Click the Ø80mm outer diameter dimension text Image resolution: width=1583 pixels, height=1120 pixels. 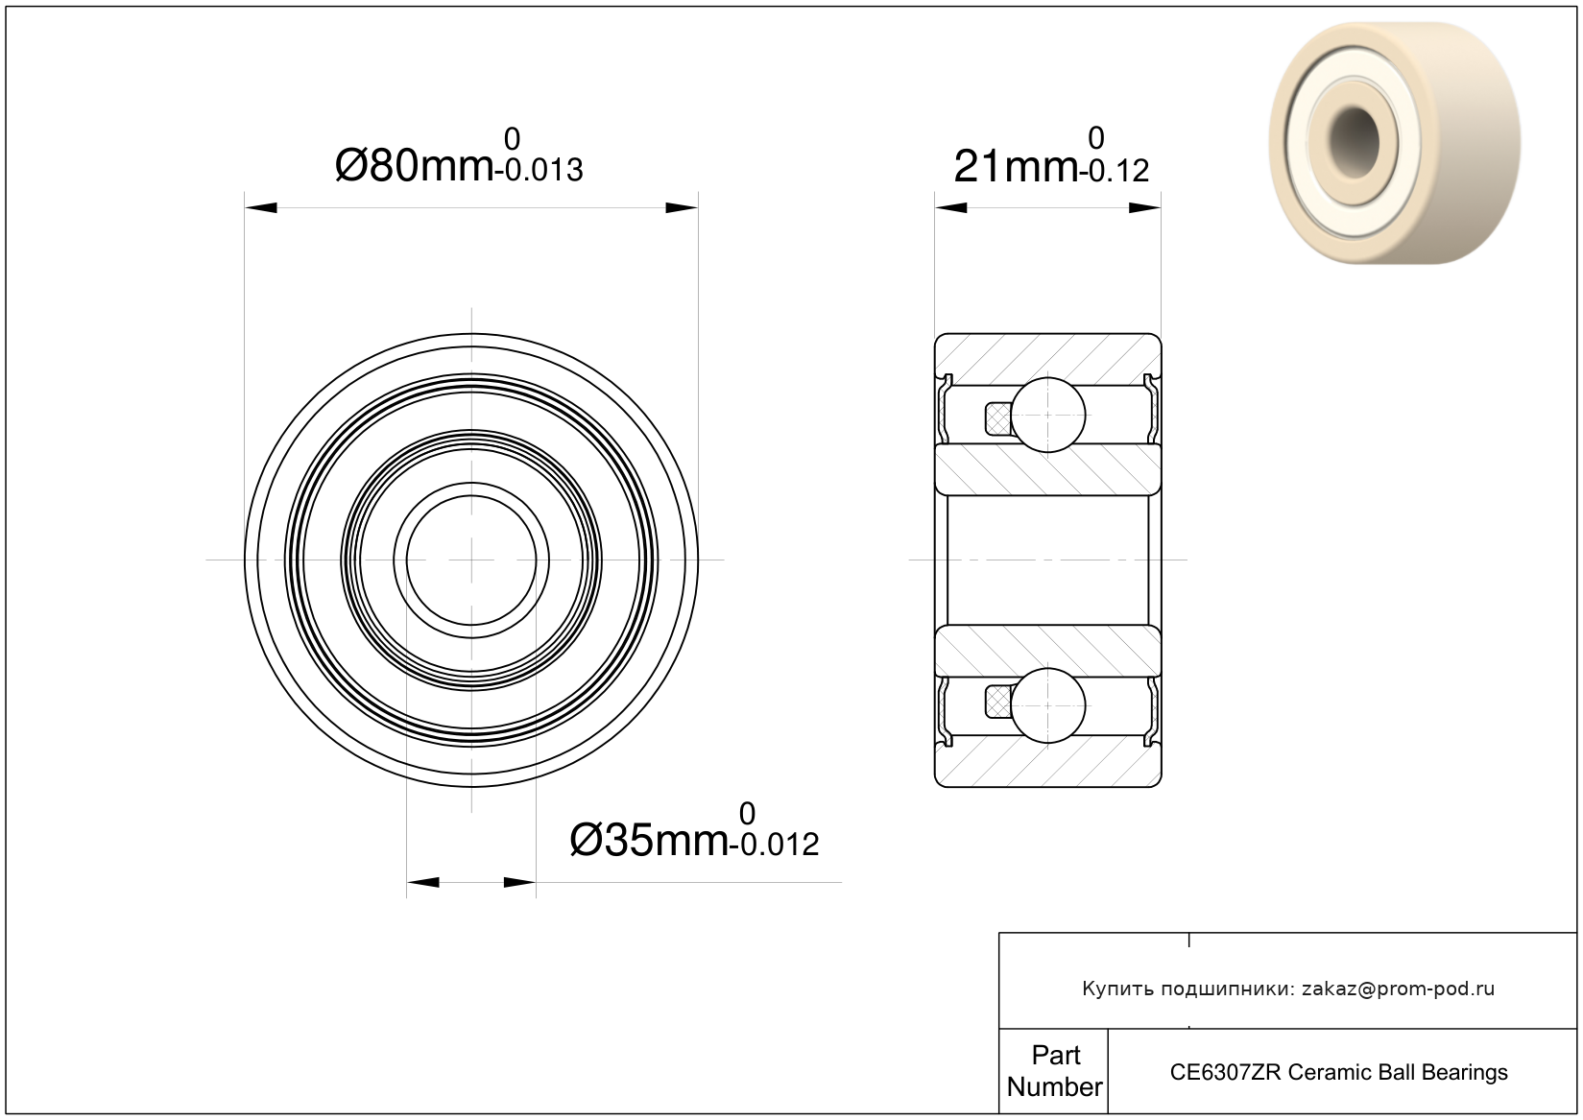click(414, 166)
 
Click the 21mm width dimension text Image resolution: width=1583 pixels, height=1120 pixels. click(1016, 167)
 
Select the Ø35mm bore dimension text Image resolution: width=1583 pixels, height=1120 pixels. click(649, 841)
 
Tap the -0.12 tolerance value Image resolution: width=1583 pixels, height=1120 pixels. click(1114, 170)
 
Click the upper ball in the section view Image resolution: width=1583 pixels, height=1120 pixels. click(1048, 415)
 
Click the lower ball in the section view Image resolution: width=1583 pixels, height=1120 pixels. click(1048, 706)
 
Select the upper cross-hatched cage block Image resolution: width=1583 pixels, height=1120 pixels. click(998, 418)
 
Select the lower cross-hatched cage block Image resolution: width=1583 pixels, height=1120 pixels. click(998, 703)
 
